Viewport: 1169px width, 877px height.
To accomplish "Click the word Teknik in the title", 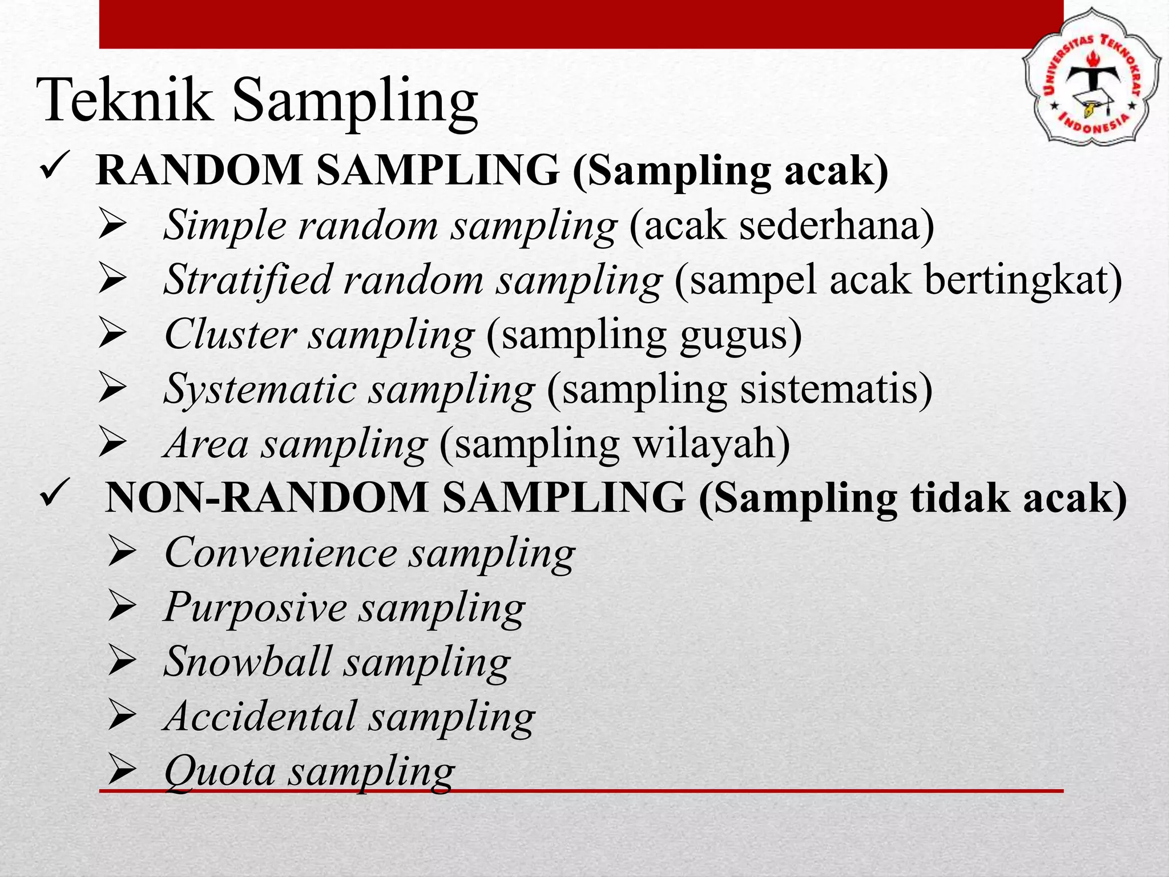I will coord(124,100).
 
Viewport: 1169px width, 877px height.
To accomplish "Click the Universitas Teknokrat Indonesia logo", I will coord(1091,75).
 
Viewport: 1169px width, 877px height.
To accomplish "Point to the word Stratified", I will coord(248,280).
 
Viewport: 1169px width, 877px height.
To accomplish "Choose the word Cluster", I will coord(230,335).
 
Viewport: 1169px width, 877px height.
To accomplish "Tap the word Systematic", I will coord(260,389).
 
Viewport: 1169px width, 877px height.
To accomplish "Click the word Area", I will coord(206,444).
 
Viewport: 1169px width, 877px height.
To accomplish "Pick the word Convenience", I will coord(280,553).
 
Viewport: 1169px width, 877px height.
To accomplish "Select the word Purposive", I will coord(255,607).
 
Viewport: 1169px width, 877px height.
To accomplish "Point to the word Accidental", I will coord(260,716).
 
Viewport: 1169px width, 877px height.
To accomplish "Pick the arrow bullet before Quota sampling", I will coord(121,770).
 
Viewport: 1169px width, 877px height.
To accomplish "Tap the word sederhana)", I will coord(837,225).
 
